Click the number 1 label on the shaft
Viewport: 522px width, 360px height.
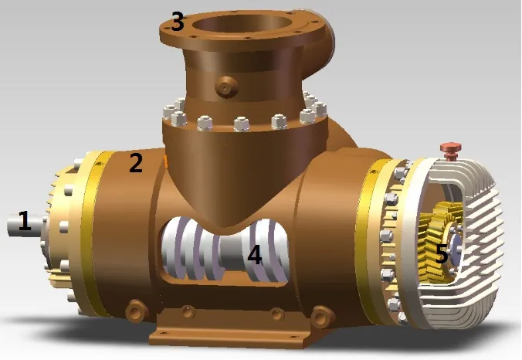25,222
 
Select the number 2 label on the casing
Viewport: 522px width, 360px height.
136,163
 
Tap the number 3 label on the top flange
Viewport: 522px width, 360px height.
178,22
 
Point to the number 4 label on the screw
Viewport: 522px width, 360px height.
254,255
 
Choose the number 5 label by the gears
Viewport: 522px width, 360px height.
442,253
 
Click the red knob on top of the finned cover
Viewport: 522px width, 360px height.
449,147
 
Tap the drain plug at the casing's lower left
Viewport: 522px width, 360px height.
137,309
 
